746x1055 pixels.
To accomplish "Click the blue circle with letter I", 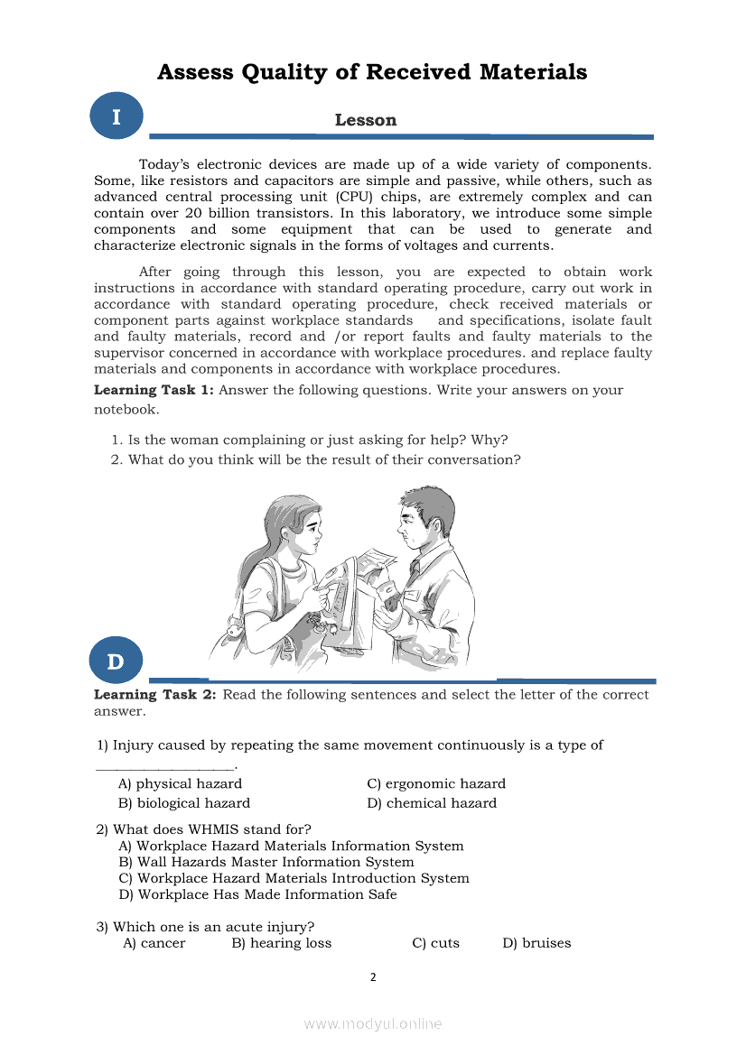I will [117, 116].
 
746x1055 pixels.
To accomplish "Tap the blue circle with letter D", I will [117, 661].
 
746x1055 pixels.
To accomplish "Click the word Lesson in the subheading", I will [365, 120].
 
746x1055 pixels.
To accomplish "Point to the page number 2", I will [373, 976].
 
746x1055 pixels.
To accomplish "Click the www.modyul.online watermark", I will [373, 1023].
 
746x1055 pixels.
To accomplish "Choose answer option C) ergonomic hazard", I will [436, 783].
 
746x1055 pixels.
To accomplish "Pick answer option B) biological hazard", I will [184, 803].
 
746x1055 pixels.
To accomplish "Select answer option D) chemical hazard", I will [432, 803].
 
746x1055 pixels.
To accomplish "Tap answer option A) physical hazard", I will [181, 783].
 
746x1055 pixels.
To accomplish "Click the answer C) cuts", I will [435, 943].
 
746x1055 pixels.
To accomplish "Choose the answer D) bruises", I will [536, 943].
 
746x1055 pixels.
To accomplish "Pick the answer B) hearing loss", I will [282, 943].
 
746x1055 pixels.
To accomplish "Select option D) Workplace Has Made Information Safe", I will [257, 894].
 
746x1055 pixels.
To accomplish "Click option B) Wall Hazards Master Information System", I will [266, 862].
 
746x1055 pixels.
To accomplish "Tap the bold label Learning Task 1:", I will [154, 390].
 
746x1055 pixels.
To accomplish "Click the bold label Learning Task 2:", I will [155, 695].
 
